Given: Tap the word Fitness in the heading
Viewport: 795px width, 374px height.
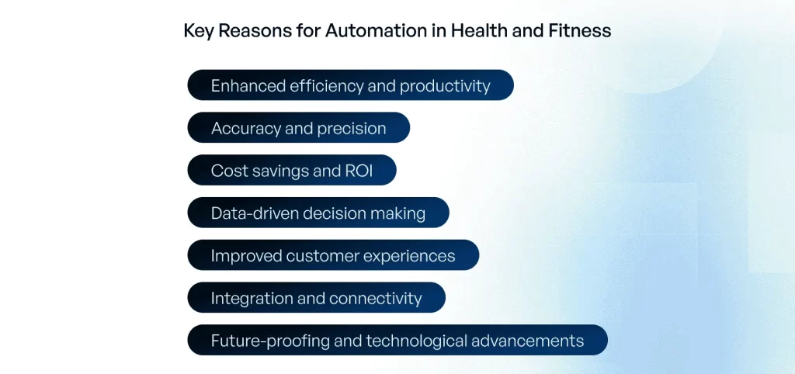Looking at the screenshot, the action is pyautogui.click(x=580, y=31).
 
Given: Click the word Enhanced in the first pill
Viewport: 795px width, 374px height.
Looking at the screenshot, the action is pyautogui.click(x=248, y=85).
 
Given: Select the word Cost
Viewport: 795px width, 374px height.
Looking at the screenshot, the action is pyautogui.click(x=225, y=171).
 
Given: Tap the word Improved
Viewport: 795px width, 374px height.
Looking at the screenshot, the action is pyautogui.click(x=246, y=256).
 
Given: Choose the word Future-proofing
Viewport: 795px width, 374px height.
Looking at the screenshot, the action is pyautogui.click(x=270, y=341).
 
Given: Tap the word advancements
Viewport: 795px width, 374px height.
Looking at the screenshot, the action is pyautogui.click(x=527, y=341).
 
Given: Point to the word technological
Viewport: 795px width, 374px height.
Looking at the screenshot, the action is pyautogui.click(x=418, y=341).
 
